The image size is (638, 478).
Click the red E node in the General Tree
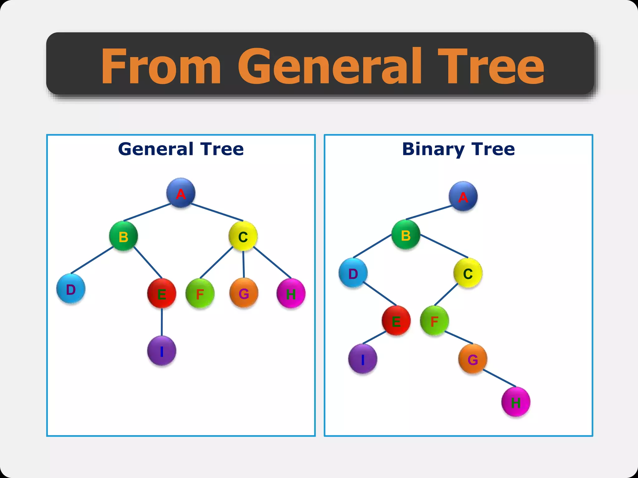click(x=161, y=293)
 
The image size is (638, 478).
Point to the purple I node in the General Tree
click(x=161, y=351)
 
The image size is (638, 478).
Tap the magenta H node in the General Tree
click(x=291, y=293)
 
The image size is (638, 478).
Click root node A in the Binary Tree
click(x=463, y=196)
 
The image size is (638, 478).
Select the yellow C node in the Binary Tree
click(x=468, y=273)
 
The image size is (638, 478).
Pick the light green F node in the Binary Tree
click(x=434, y=321)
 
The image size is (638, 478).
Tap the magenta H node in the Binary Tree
click(x=516, y=402)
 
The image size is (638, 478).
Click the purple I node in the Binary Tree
click(x=363, y=359)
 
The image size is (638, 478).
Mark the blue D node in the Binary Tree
click(x=353, y=273)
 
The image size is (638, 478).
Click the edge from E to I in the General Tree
click(x=162, y=322)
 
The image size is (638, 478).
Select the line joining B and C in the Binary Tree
click(x=444, y=246)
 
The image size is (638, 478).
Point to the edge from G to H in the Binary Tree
click(x=499, y=378)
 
